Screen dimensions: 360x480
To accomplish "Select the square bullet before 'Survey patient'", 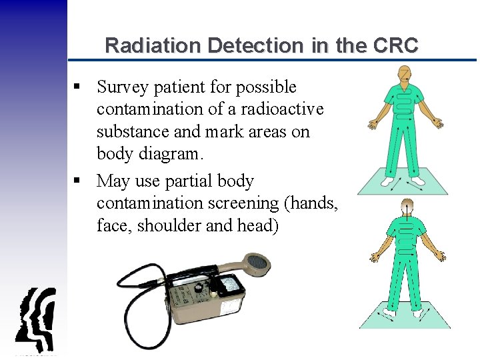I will pyautogui.click(x=78, y=87).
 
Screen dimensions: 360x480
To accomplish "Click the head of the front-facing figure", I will pyautogui.click(x=404, y=73).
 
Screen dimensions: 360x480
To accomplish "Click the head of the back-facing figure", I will pyautogui.click(x=405, y=209).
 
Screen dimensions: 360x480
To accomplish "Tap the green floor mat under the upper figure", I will pyautogui.click(x=403, y=183).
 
